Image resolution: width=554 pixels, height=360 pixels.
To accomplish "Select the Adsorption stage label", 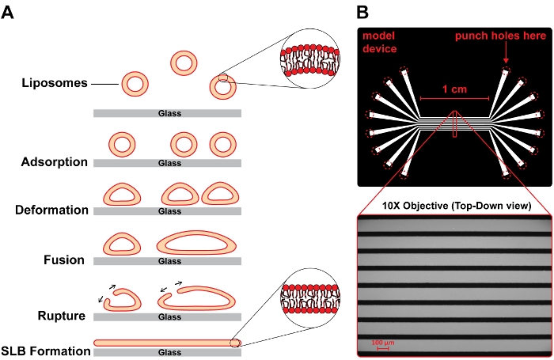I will coord(55,162).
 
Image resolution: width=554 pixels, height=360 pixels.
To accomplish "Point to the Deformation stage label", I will coord(51,210).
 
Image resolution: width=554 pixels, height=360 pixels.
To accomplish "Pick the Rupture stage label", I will coord(63,316).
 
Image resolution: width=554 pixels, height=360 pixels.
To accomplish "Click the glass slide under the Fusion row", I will coord(168,261).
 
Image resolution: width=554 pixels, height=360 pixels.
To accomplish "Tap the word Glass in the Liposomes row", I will coord(168,113).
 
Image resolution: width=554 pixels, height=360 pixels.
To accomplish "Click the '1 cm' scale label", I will coord(454,89).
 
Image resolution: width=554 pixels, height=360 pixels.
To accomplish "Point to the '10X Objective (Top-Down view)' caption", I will coord(456,206).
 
